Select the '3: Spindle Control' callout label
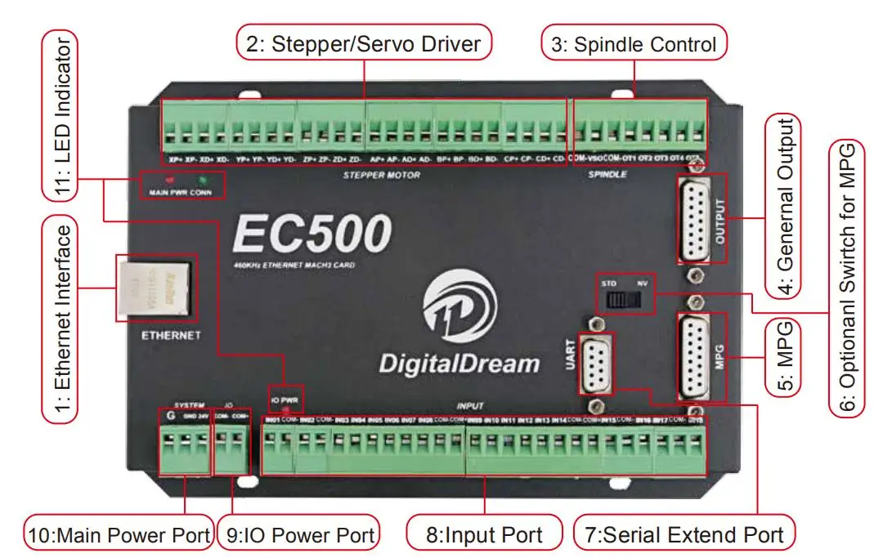click(634, 43)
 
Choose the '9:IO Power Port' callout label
click(300, 535)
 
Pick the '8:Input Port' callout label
click(485, 535)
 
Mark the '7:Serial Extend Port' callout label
click(683, 535)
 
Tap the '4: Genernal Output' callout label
click(783, 205)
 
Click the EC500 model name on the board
click(312, 234)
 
